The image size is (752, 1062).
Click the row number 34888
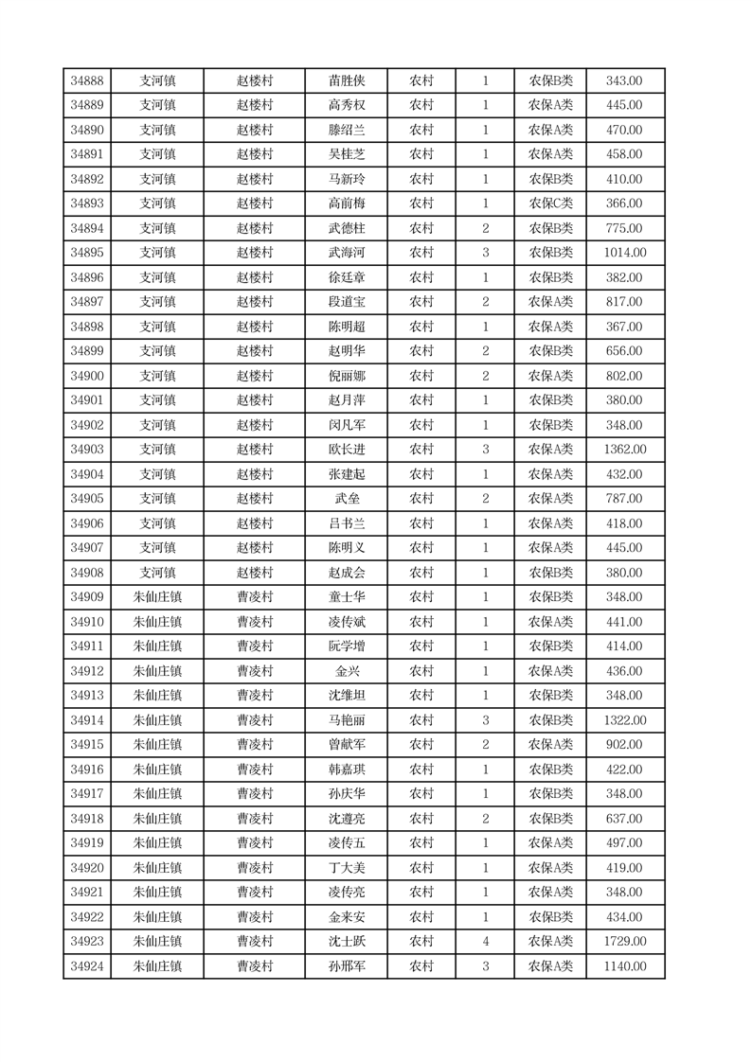[87, 81]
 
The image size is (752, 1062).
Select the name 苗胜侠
[347, 81]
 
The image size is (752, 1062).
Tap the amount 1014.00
[625, 253]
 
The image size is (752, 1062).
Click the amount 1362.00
[625, 450]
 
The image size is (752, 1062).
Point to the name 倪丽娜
[347, 376]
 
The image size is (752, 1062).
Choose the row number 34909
[87, 597]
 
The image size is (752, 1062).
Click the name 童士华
[347, 597]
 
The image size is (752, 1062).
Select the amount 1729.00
[625, 941]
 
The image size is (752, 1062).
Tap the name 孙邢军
[347, 965]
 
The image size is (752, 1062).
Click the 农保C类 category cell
[550, 204]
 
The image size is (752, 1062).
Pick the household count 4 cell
[485, 941]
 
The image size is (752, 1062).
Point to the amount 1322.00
[625, 720]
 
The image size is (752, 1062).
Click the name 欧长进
[347, 450]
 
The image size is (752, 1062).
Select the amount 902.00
[625, 745]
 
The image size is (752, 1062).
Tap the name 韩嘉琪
[347, 770]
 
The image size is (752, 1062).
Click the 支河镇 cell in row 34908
[157, 573]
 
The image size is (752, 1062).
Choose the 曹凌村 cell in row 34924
[255, 965]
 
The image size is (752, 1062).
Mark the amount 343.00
[625, 81]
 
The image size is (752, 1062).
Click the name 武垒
[347, 499]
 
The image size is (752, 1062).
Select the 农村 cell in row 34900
[421, 376]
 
